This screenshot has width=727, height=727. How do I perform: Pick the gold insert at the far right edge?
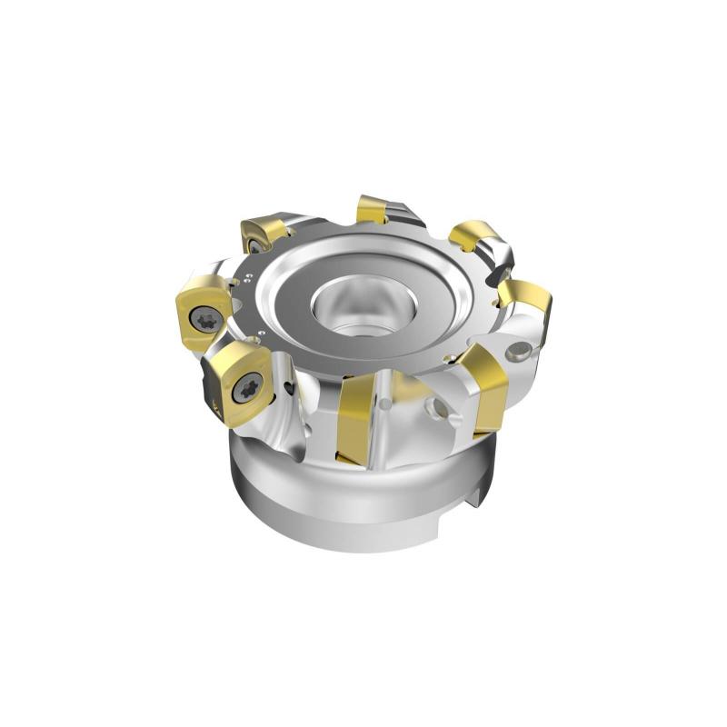pyautogui.click(x=527, y=304)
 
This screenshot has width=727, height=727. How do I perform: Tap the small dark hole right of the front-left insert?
pyautogui.click(x=289, y=389)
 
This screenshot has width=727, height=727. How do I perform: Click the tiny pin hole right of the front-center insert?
pyautogui.click(x=387, y=400)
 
